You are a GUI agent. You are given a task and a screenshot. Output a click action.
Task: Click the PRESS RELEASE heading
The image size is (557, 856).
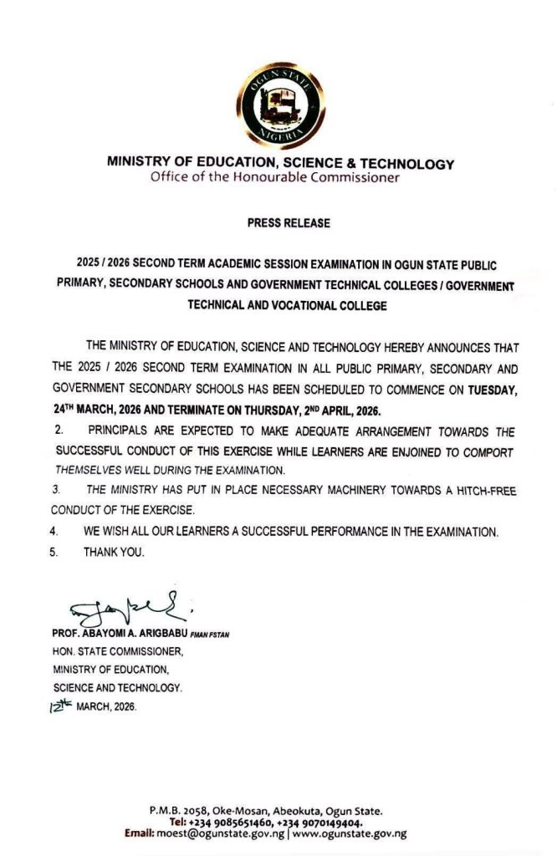click(289, 223)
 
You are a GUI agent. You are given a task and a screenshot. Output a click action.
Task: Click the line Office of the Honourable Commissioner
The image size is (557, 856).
click(275, 177)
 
